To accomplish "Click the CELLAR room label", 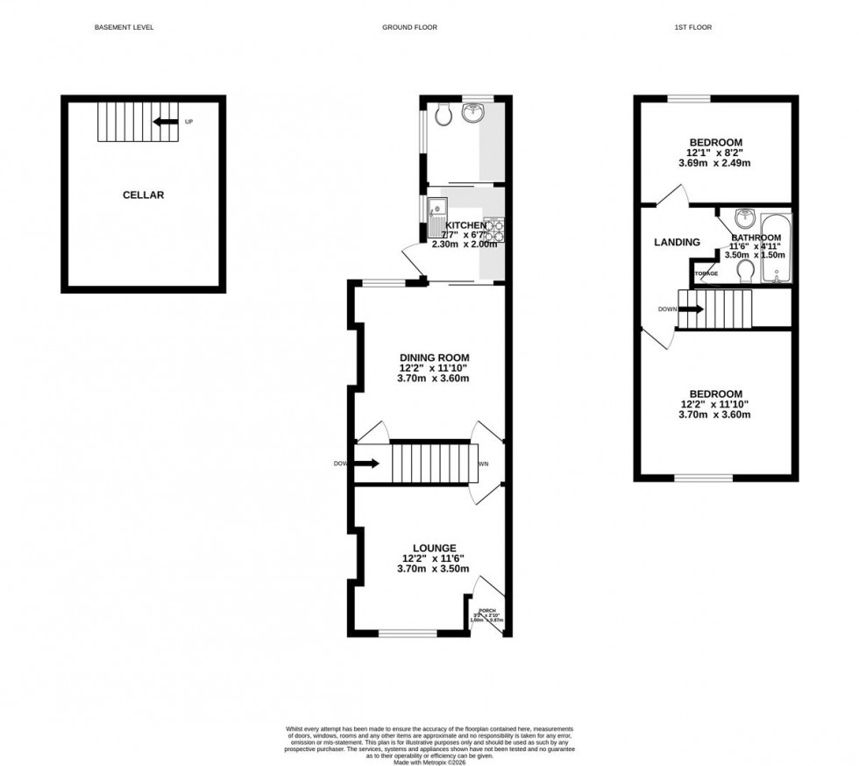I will pyautogui.click(x=143, y=195).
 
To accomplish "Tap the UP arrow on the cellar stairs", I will pyautogui.click(x=163, y=123).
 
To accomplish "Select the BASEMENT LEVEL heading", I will pyautogui.click(x=124, y=27).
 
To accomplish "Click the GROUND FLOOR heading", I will pyautogui.click(x=409, y=27).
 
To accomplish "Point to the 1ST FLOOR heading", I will pyautogui.click(x=692, y=27).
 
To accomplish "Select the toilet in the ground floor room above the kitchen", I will pyautogui.click(x=444, y=115).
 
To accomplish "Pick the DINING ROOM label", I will pyautogui.click(x=434, y=358).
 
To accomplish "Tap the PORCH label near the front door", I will pyautogui.click(x=487, y=611).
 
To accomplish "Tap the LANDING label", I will pyautogui.click(x=678, y=243).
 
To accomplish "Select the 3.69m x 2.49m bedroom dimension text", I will pyautogui.click(x=715, y=163).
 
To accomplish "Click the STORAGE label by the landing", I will pyautogui.click(x=706, y=273).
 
